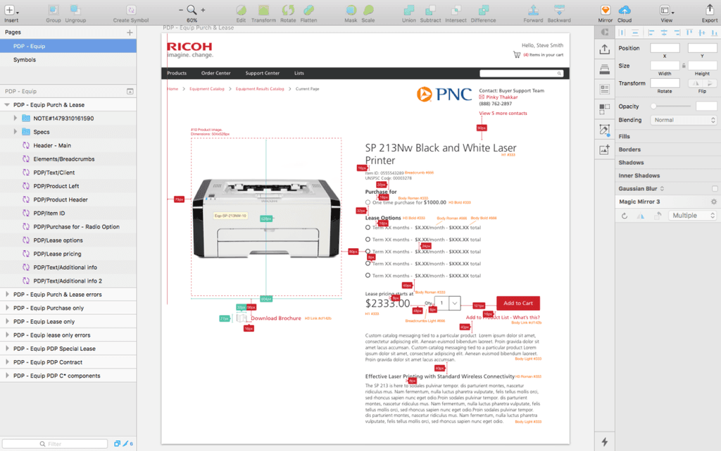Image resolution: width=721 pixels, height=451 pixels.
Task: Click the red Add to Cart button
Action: pyautogui.click(x=518, y=303)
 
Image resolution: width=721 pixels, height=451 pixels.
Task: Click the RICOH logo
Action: pyautogui.click(x=189, y=49)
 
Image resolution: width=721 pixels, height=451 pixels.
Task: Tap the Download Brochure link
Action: pyautogui.click(x=275, y=319)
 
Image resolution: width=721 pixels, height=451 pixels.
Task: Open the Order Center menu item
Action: pyautogui.click(x=215, y=73)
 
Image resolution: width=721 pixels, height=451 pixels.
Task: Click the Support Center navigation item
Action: pyautogui.click(x=262, y=73)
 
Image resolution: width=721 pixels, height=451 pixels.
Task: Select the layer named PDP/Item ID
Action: pyautogui.click(x=49, y=213)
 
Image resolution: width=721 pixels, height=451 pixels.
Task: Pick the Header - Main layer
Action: pyautogui.click(x=52, y=145)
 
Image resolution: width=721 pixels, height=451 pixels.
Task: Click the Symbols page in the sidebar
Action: pyautogui.click(x=25, y=60)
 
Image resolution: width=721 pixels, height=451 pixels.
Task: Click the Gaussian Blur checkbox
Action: pyautogui.click(x=714, y=189)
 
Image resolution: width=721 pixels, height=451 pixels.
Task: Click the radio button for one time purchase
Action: pyautogui.click(x=368, y=202)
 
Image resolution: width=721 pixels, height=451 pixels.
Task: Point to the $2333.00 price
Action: pyautogui.click(x=387, y=303)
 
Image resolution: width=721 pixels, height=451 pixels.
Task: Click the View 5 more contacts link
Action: pyautogui.click(x=503, y=113)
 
